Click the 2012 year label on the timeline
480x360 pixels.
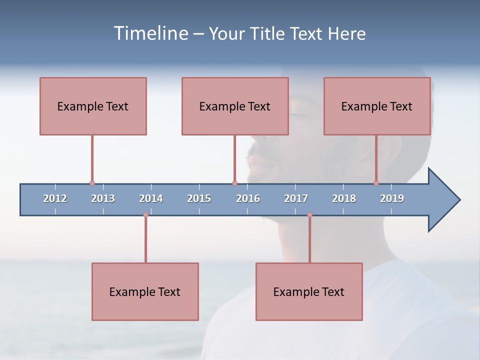click(x=55, y=198)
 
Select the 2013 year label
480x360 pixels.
click(x=103, y=198)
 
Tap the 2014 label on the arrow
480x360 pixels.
click(x=151, y=198)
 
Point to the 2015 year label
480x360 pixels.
click(x=199, y=198)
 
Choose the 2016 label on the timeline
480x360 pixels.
click(x=248, y=198)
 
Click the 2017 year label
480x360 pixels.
click(x=296, y=198)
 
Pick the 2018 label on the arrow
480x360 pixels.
click(x=344, y=198)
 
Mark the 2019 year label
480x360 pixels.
click(x=392, y=198)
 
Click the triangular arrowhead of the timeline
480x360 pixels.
click(x=442, y=200)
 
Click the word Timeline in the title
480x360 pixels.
click(x=150, y=33)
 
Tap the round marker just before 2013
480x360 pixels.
click(x=92, y=183)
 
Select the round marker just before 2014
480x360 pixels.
click(x=145, y=215)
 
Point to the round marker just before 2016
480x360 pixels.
click(x=234, y=183)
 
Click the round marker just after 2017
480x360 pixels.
click(x=309, y=215)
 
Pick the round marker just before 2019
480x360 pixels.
click(x=376, y=183)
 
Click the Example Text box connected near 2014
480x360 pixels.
click(x=145, y=291)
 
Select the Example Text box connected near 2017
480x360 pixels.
click(x=309, y=291)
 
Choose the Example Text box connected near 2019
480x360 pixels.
click(x=377, y=106)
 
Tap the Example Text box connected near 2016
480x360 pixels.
click(x=235, y=106)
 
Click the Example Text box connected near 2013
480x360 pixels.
click(x=93, y=106)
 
